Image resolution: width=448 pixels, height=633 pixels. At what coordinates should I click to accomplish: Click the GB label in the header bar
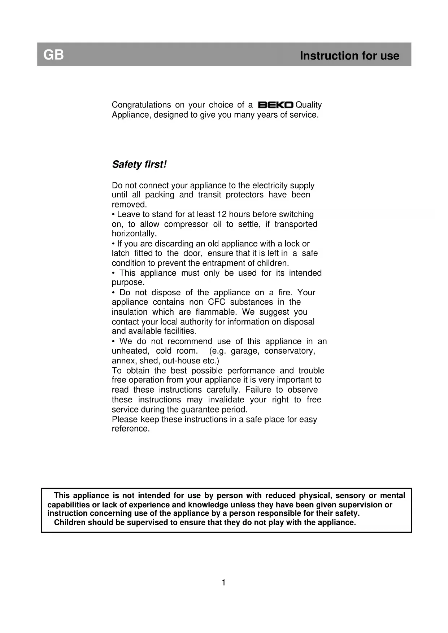coord(53,55)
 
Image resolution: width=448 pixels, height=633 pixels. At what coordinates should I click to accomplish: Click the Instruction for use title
coord(349,56)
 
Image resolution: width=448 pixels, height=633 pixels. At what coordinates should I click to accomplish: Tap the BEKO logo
coord(275,105)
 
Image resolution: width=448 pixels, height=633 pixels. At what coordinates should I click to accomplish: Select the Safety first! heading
coord(139,165)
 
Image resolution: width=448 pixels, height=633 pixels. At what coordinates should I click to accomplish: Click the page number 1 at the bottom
coord(223,582)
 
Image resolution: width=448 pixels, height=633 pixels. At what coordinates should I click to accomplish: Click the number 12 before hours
coord(222,214)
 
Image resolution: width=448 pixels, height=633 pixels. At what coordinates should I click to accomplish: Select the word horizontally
coord(134,234)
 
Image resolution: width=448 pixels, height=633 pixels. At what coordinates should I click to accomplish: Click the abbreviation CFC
coord(216,302)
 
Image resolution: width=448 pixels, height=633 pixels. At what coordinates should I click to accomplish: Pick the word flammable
coord(216,312)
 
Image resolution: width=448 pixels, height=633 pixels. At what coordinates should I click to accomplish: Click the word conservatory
coord(289,351)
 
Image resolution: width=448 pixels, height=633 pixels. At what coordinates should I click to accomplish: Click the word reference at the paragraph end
coord(130,429)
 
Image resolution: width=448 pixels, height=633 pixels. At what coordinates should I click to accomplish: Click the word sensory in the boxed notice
coord(350,496)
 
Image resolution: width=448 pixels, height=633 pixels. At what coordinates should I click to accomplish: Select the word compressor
coord(186,224)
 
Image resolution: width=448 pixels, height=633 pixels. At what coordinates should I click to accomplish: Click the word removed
coord(129,205)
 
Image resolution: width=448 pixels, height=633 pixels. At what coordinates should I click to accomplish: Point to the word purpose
coord(128,283)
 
